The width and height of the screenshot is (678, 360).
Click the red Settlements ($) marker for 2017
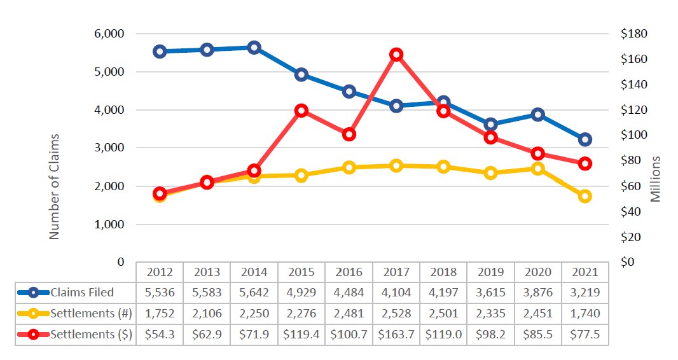[396, 55]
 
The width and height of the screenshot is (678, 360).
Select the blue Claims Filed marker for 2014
[254, 48]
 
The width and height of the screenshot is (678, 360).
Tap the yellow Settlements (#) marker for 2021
[585, 196]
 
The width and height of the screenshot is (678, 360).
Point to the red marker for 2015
[301, 111]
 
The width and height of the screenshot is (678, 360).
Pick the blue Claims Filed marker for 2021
[585, 139]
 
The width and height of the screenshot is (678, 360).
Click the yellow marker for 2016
[349, 167]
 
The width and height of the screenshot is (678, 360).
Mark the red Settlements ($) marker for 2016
[349, 134]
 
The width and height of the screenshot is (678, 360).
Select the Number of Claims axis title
[54, 186]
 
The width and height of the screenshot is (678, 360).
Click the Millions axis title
[656, 179]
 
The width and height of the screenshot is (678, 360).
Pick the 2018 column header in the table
[443, 272]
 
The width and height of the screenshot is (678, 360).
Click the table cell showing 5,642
[254, 293]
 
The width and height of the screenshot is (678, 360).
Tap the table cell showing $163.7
[396, 335]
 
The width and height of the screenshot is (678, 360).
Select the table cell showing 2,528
[396, 314]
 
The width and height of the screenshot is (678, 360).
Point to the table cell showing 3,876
[537, 293]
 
